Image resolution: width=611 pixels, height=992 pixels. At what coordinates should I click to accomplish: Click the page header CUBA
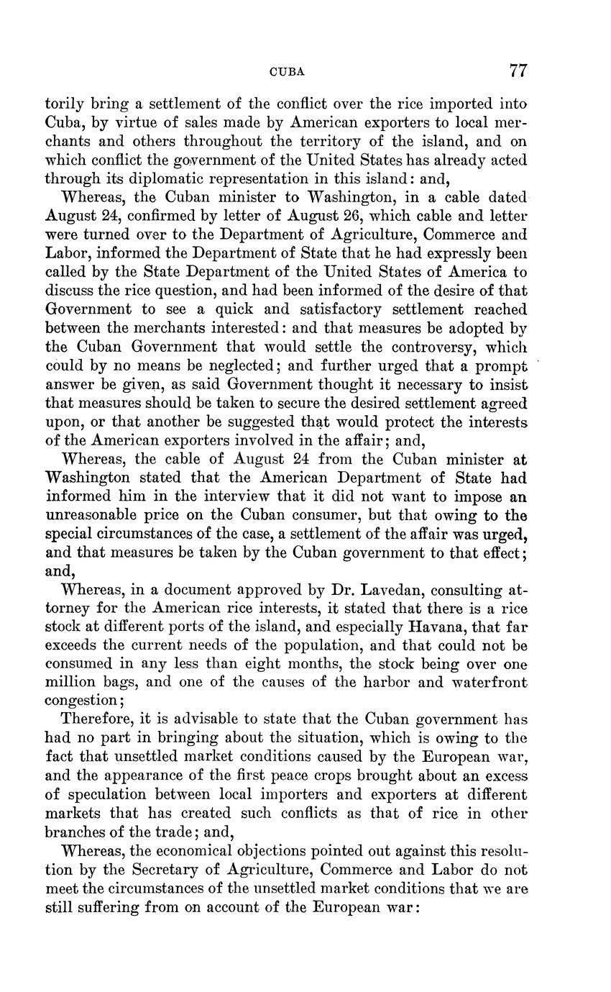(287, 72)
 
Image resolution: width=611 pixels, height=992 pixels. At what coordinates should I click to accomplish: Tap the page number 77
(518, 70)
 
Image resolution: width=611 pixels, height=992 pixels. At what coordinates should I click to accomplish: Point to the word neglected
(221, 366)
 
